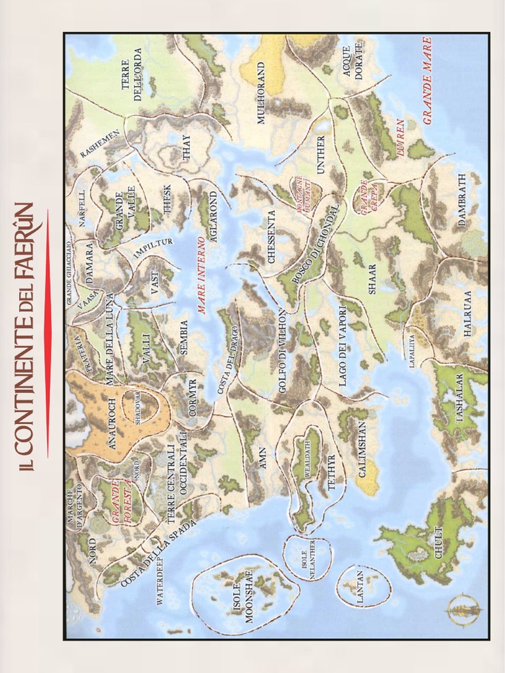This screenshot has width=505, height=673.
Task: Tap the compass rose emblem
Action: click(464, 610)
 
